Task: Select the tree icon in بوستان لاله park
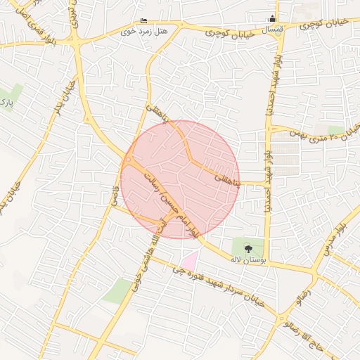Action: pos(247,248)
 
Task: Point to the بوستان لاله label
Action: pos(246,259)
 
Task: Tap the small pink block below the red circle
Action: pos(188,259)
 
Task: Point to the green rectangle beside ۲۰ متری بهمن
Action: pos(336,129)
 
